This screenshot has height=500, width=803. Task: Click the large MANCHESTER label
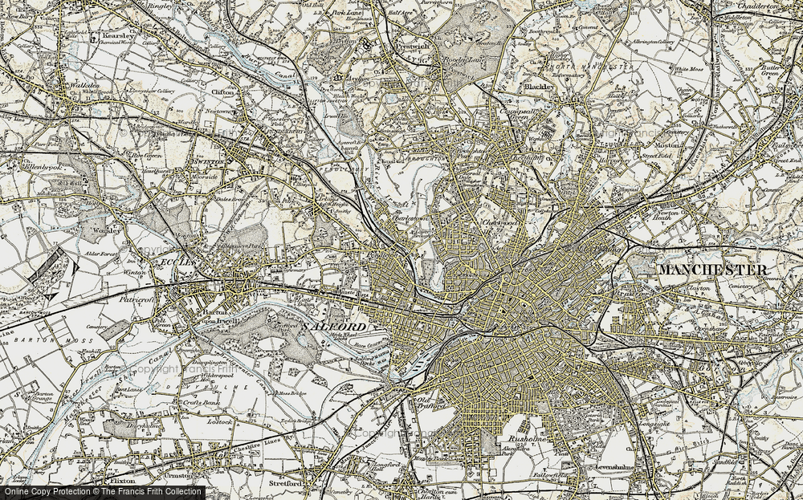[x=711, y=270]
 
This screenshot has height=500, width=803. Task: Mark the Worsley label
[x=107, y=230]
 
